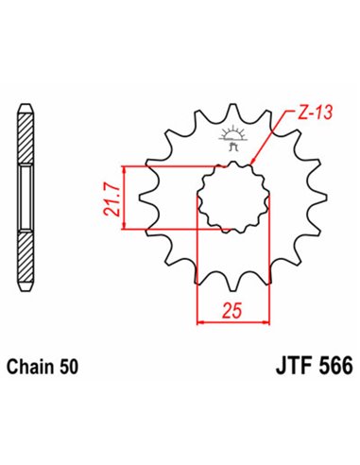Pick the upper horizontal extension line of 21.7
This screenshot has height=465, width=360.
(170, 166)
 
